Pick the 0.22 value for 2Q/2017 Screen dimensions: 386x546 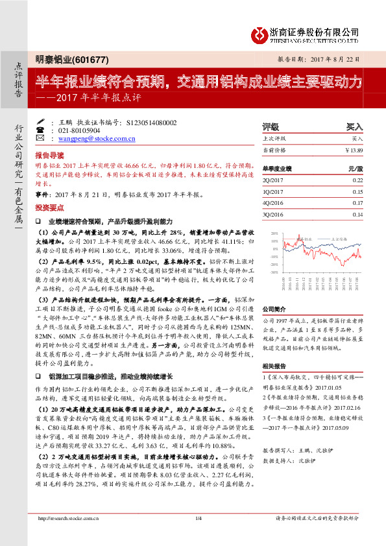pyautogui.click(x=357, y=180)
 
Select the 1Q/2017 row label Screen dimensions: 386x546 pyautogui.click(x=272, y=191)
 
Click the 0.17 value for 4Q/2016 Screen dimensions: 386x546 pyautogui.click(x=357, y=202)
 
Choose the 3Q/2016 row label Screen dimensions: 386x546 pyautogui.click(x=272, y=214)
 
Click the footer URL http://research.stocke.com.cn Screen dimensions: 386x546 pyautogui.click(x=69, y=536)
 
